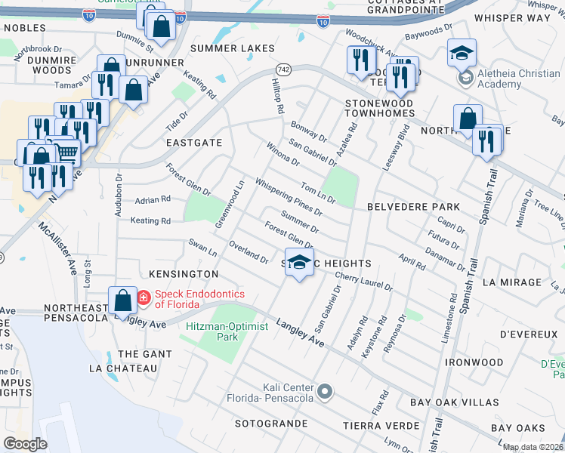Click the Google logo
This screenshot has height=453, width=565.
click(26, 444)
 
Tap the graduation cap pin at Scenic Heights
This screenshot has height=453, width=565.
click(300, 262)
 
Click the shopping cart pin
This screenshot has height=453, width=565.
click(67, 153)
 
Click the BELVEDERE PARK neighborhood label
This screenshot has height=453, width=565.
click(413, 206)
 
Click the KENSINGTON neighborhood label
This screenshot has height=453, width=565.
click(184, 273)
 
